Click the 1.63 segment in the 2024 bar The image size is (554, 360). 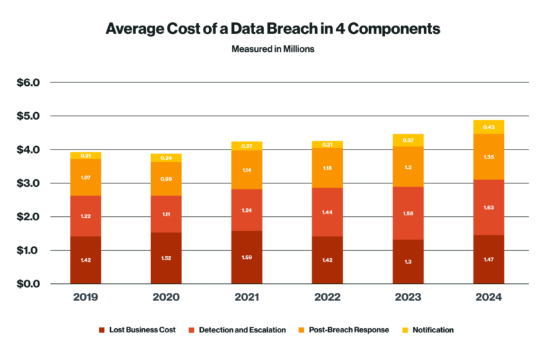coord(489,208)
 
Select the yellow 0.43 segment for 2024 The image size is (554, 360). coord(489,127)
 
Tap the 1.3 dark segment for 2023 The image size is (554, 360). coord(408,262)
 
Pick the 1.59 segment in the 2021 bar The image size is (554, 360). coord(247,258)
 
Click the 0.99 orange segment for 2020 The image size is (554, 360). coord(166,179)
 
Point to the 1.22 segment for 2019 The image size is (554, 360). coord(85,216)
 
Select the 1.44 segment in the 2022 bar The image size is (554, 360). coord(328,212)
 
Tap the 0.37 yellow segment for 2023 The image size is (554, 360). coord(408,140)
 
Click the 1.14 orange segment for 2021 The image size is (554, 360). coord(247,170)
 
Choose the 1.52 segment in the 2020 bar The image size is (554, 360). coord(166,258)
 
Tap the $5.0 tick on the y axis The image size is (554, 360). coord(29,116)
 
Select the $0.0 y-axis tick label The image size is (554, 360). coord(29,284)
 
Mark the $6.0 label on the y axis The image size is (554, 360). coord(29,83)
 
